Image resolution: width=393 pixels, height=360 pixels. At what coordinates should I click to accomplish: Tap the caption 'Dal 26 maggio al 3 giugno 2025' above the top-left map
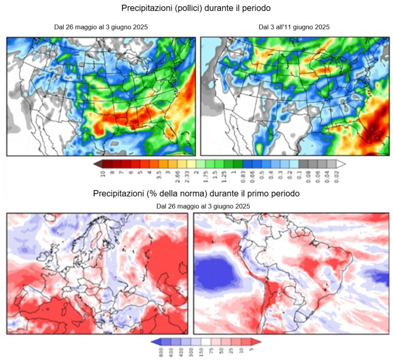[x=101, y=27]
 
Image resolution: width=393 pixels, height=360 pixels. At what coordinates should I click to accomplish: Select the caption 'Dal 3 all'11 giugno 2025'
[x=294, y=27]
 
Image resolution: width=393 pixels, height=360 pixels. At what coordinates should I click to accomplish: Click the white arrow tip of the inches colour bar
[x=341, y=163]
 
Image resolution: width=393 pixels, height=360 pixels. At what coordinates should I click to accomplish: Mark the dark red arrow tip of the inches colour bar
[x=97, y=163]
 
